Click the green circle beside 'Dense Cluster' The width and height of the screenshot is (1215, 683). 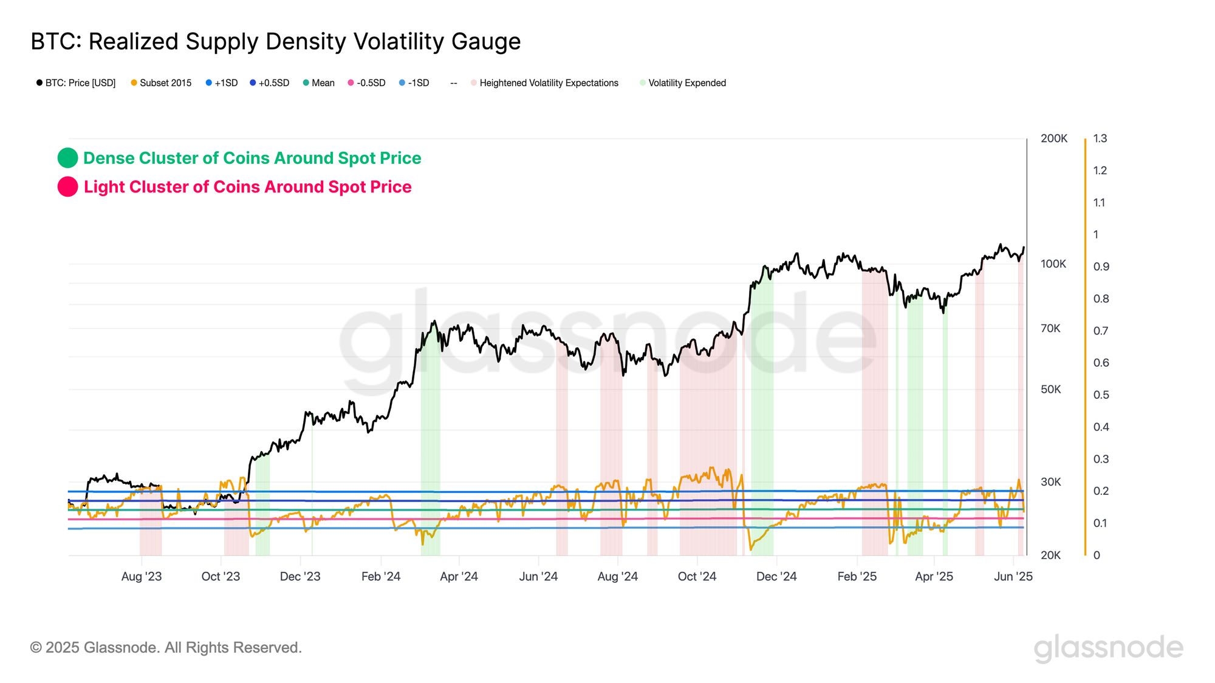click(x=67, y=158)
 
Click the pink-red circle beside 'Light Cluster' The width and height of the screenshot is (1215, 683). click(x=67, y=187)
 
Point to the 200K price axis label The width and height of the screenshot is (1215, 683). click(x=1053, y=138)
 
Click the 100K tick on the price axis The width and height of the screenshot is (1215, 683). click(x=1053, y=264)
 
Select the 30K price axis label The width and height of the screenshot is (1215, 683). click(x=1051, y=482)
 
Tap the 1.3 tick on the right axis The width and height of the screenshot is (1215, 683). click(x=1100, y=138)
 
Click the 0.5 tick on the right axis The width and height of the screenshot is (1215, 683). click(x=1101, y=395)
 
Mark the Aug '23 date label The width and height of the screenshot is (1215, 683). click(x=142, y=577)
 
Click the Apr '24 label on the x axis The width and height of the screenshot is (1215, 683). click(x=459, y=577)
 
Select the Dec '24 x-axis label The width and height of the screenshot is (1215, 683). click(x=776, y=577)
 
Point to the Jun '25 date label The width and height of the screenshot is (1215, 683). click(x=1013, y=577)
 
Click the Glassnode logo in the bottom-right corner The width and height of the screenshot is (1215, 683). click(x=1108, y=647)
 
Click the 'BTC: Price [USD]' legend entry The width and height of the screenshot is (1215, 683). click(x=80, y=83)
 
